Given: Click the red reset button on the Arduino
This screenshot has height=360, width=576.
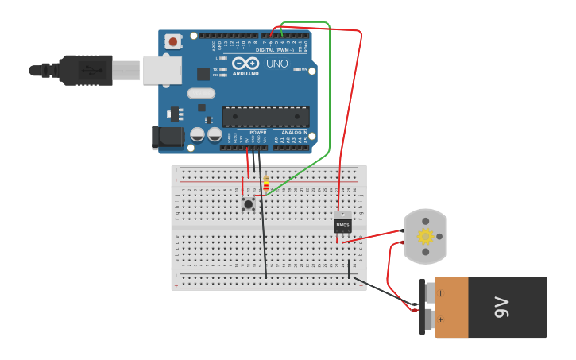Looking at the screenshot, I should click(173, 41).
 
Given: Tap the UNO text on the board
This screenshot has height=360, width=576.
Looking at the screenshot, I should click(277, 64).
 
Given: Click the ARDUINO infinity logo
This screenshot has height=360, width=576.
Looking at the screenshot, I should click(246, 64).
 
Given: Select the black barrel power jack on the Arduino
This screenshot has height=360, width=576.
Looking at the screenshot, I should click(168, 137).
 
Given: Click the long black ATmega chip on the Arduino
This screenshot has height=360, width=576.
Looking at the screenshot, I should click(265, 116).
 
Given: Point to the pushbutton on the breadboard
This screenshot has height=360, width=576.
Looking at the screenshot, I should click(248, 204).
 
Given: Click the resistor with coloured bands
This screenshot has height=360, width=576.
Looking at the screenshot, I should click(265, 184).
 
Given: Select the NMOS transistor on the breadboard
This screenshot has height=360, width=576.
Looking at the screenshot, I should click(342, 225).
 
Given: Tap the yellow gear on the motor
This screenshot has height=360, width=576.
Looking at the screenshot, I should click(425, 236).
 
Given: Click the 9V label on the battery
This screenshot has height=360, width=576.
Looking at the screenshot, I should click(501, 307).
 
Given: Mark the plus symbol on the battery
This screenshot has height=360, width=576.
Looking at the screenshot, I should click(440, 319).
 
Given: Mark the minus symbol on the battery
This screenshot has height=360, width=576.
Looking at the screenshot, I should click(440, 292).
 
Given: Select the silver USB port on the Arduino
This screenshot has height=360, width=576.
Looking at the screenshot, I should click(162, 70).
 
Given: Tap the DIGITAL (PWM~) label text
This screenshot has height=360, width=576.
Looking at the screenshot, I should click(275, 50).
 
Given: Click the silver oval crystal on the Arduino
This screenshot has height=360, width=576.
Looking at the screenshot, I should click(201, 93).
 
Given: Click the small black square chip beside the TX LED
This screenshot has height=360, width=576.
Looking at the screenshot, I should click(203, 74).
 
